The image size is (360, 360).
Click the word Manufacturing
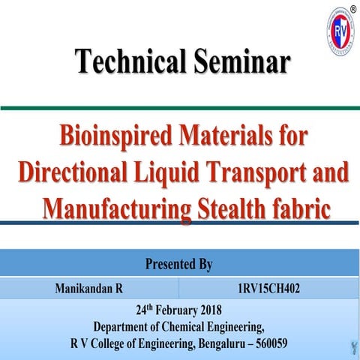tap(115, 206)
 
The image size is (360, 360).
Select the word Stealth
tap(232, 206)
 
